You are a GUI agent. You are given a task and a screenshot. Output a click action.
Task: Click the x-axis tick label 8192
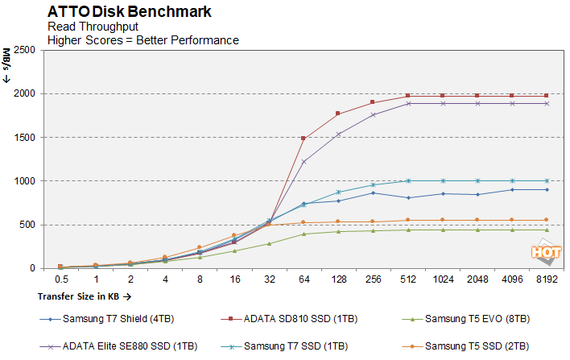tap(547, 279)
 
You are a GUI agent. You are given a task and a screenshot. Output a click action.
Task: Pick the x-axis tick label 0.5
tap(61, 279)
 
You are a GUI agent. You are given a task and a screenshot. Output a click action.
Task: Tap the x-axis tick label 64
tap(304, 279)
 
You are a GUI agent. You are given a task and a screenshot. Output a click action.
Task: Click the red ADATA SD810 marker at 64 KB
tap(304, 139)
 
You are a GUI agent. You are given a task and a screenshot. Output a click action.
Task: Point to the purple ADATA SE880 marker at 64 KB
tap(304, 162)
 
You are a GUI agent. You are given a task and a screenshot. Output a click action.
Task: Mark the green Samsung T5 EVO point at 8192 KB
tap(547, 230)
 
